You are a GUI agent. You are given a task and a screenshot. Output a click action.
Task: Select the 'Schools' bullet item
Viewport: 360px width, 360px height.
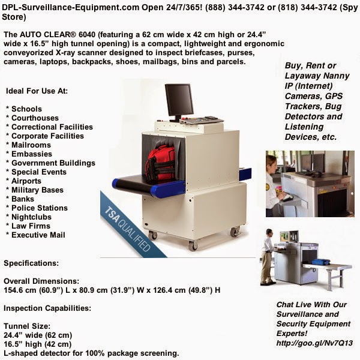[x=25, y=109]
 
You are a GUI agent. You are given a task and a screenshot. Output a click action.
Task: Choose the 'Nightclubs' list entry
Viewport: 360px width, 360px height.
[x=29, y=217]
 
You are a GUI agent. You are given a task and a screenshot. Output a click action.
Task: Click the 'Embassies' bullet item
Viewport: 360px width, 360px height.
[x=30, y=154]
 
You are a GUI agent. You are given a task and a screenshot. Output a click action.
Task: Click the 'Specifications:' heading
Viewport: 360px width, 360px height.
[x=31, y=263]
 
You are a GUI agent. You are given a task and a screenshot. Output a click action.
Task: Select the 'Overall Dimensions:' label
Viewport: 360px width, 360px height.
[x=41, y=281]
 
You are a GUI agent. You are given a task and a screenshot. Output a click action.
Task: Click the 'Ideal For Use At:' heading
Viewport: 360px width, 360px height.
[x=37, y=91]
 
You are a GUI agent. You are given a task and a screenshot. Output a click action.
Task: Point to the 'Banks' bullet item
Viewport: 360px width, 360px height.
[x=22, y=199]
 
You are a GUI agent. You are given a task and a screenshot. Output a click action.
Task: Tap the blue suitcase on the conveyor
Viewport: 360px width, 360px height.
[x=322, y=262]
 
